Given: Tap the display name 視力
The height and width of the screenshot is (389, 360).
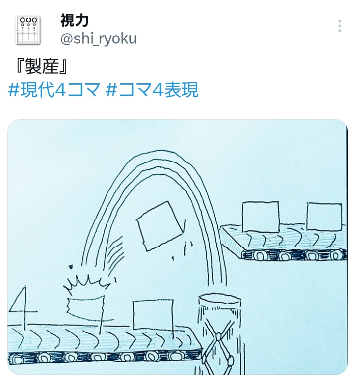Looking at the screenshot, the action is point(74,20).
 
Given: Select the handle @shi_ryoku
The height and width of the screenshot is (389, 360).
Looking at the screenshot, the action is point(98,39).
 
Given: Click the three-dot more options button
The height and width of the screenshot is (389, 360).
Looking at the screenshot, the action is point(339,26).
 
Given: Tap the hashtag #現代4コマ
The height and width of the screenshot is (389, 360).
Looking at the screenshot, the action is point(54,89).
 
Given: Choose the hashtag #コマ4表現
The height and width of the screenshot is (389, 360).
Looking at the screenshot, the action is point(152,89).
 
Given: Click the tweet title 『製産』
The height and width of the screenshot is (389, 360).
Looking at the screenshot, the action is point(42,66).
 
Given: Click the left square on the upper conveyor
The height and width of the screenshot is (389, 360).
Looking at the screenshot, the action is point(260,217).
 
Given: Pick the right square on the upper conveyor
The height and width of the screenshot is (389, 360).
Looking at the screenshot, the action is point(324,217).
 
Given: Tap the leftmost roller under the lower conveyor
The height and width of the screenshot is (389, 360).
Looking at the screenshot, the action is point(17,359).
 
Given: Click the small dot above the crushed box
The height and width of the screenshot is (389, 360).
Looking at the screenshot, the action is point(71,267).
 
